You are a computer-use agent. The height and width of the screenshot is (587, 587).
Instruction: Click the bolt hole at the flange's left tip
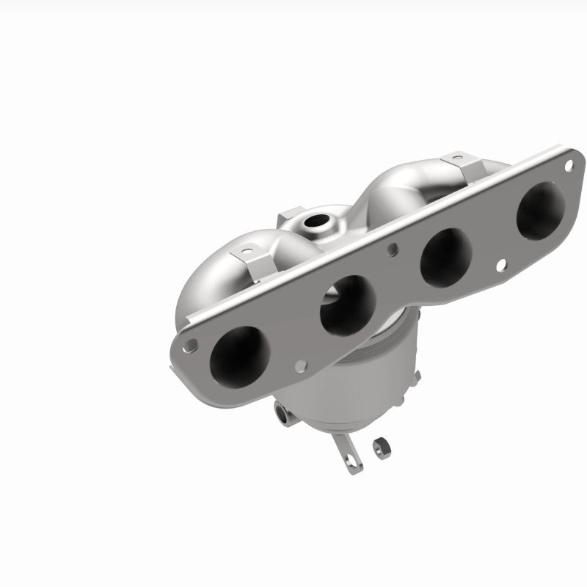[x=191, y=342]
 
